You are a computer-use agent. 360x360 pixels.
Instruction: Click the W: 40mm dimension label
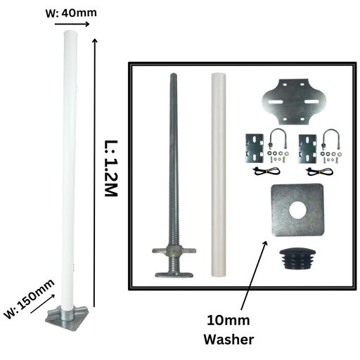pos(71,13)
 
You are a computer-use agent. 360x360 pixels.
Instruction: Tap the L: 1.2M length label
pos(110,169)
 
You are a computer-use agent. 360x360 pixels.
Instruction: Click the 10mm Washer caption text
pos(229,330)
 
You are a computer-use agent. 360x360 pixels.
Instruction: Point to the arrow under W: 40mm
pos(72,24)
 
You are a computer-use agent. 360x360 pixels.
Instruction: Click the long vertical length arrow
pos(94,172)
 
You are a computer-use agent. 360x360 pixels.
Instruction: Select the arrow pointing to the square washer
pos(255,275)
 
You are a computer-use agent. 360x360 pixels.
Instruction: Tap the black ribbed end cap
pos(297,259)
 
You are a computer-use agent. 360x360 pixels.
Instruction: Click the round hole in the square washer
pos(297,210)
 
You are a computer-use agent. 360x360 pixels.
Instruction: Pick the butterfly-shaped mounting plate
pos(294,102)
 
